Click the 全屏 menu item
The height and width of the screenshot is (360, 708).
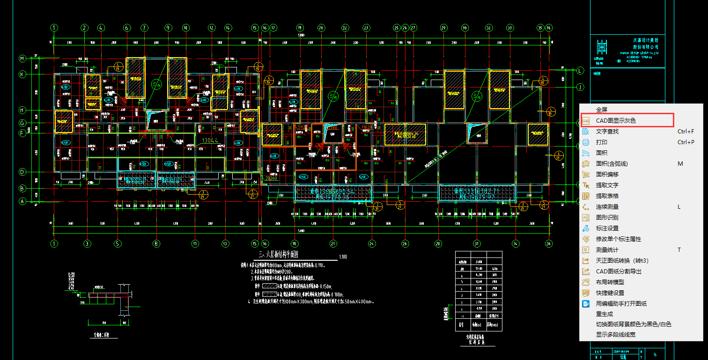601,110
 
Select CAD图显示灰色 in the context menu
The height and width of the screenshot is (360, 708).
616,121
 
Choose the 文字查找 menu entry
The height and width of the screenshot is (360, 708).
607,132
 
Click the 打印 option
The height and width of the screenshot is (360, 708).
601,142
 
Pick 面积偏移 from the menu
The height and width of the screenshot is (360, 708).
607,175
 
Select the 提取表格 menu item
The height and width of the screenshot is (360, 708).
607,196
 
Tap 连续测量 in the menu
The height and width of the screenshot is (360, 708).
607,207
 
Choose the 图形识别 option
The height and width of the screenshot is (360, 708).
607,218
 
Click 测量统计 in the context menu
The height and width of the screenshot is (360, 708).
607,250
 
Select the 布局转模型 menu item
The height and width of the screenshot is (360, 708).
610,282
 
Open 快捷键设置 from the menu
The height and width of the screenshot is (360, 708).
610,293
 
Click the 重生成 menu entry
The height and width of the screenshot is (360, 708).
604,314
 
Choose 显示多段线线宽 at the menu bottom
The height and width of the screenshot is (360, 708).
615,335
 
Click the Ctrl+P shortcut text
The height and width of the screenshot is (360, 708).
686,142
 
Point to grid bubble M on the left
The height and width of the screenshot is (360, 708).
22,59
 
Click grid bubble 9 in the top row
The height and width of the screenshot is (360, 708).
168,28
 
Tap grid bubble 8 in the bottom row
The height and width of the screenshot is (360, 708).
156,243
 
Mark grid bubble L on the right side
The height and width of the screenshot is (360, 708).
580,71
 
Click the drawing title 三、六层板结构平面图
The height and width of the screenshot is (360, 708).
279,255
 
